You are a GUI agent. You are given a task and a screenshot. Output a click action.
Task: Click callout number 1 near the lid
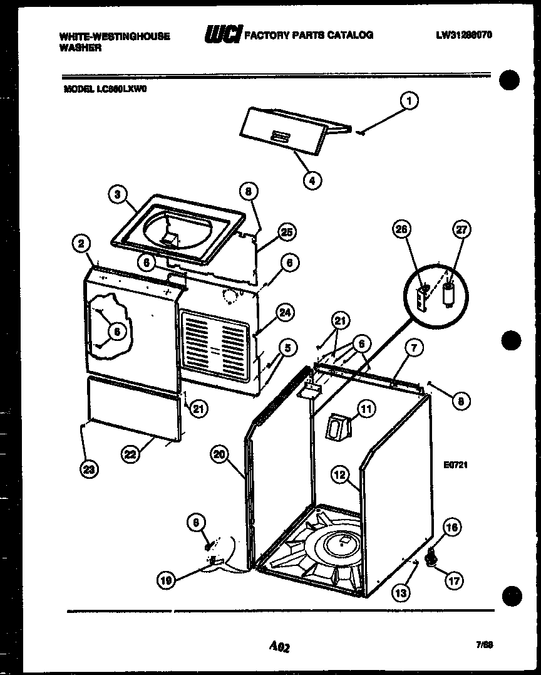[x=409, y=101]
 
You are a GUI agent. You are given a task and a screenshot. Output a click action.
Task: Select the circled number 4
[x=311, y=179]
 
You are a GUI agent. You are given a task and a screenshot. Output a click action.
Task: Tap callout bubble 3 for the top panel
[x=117, y=194]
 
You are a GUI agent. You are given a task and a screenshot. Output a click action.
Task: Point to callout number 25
[x=286, y=232]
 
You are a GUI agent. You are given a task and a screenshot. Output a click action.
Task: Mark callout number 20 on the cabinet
[x=219, y=455]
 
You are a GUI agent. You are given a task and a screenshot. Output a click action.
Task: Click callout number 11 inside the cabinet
[x=366, y=409]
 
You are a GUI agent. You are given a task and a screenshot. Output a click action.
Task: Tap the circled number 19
[x=165, y=580]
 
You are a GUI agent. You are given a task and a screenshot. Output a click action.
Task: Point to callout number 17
[x=453, y=580]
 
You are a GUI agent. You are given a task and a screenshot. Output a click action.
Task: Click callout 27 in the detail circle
[x=462, y=230]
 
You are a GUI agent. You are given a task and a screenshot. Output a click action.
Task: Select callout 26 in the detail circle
[x=401, y=230]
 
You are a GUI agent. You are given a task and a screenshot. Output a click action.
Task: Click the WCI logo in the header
[x=222, y=35]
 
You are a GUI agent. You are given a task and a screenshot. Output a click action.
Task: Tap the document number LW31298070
[x=464, y=35]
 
